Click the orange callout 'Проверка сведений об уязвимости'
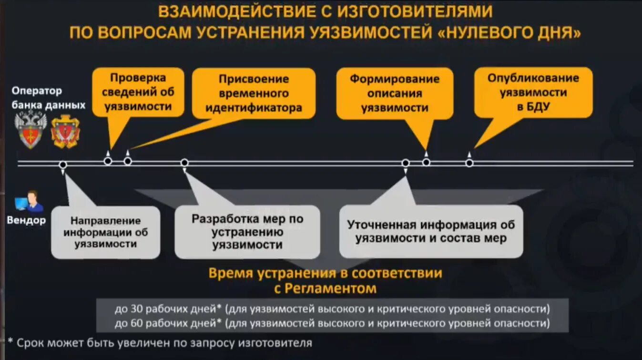(x=138, y=92)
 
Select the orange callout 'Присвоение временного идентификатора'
(x=254, y=93)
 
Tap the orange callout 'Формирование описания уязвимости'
(x=395, y=93)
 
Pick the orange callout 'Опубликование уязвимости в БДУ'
(x=533, y=92)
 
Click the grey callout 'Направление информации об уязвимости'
(x=105, y=232)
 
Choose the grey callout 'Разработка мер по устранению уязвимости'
(x=247, y=232)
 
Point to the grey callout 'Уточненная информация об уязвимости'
(x=431, y=231)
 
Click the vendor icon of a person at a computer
(x=29, y=201)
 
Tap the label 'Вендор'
(x=26, y=220)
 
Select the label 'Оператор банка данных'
(x=48, y=98)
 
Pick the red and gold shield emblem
(x=65, y=131)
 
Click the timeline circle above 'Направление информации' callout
(x=63, y=165)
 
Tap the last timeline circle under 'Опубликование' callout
(x=469, y=163)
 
